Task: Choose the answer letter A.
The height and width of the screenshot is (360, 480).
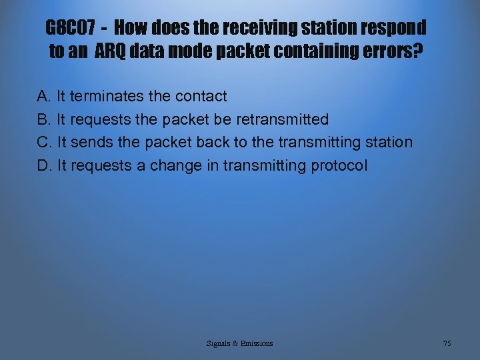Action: [x=44, y=97]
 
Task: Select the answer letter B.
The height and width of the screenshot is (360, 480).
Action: [x=44, y=120]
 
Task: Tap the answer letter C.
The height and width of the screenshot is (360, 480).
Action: [x=44, y=143]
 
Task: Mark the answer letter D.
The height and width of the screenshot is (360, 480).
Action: [x=44, y=166]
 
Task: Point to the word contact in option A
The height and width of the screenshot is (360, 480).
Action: [x=201, y=97]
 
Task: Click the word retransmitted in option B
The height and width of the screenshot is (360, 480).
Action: [x=283, y=120]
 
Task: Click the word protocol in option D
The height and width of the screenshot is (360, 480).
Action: [x=339, y=166]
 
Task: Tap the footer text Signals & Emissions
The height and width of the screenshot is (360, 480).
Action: [x=239, y=343]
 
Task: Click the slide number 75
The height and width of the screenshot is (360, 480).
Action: [x=447, y=343]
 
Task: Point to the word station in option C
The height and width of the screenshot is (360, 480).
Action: [x=389, y=143]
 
